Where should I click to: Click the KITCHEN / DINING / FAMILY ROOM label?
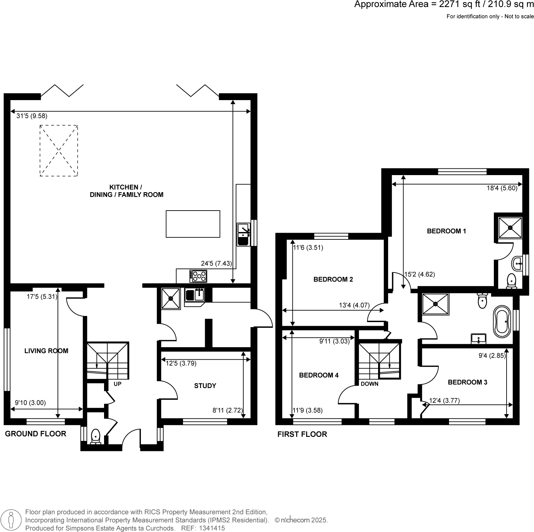[126, 191]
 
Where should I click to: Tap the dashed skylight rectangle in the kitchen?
[59, 150]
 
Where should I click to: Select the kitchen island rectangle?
[193, 224]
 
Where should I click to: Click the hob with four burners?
[198, 276]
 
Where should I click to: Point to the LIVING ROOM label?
[46, 351]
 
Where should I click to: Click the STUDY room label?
[205, 386]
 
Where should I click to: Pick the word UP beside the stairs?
[117, 384]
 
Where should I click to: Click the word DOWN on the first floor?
[369, 384]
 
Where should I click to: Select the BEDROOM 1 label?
[446, 231]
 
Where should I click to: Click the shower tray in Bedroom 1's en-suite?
[510, 228]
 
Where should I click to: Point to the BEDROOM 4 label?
[319, 375]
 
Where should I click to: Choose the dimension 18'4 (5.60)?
[502, 188]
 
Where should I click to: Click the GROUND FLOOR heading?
[35, 434]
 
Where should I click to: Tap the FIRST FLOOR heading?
[302, 434]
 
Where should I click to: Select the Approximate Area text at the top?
[443, 4]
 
